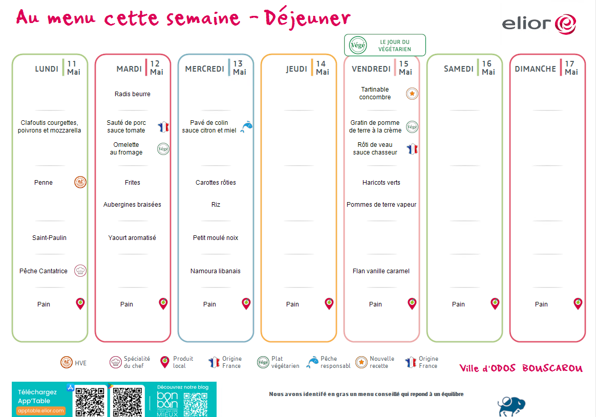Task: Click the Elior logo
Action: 539,24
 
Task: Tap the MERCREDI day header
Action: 204,69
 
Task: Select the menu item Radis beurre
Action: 132,94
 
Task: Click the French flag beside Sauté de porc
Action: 163,127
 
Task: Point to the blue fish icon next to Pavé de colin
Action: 246,126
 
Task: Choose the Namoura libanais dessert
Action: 216,271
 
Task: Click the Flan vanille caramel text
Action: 381,271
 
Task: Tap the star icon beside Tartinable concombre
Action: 412,94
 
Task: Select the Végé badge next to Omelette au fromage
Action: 163,149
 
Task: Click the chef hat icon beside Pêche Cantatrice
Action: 80,271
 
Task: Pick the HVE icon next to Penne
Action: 80,182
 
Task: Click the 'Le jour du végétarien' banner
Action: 385,45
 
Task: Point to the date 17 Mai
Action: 571,68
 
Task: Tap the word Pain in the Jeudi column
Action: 292,304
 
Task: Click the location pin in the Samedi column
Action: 495,304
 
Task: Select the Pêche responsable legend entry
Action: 329,362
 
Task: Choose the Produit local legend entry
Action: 177,362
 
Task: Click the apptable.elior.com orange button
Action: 41,410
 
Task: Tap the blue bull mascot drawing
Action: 512,407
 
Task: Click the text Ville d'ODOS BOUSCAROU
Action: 521,368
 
